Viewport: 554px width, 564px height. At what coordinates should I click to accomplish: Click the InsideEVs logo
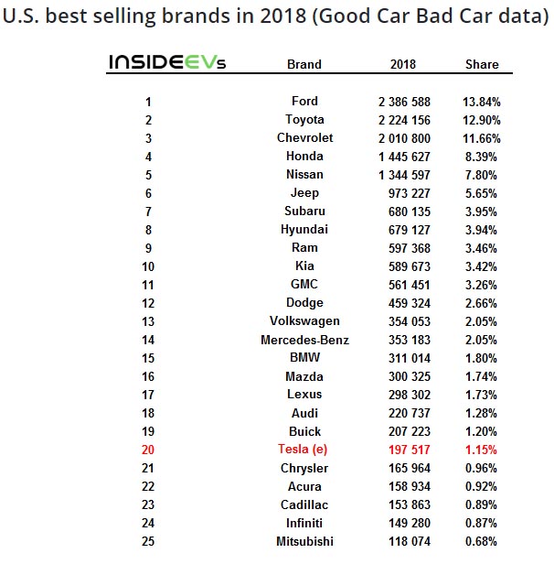tap(167, 62)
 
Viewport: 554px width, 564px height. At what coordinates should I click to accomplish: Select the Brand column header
tap(304, 64)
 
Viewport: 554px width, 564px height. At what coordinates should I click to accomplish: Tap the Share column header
tap(482, 64)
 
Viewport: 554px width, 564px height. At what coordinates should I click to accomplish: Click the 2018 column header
tap(402, 64)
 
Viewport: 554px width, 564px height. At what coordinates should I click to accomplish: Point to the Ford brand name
tap(304, 101)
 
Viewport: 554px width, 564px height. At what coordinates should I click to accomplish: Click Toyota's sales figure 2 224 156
tap(403, 119)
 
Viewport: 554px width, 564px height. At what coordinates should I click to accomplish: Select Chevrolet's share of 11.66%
tap(482, 137)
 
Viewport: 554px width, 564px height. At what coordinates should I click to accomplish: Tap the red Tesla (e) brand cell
tap(304, 450)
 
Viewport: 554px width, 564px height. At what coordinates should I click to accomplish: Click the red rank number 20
tap(148, 450)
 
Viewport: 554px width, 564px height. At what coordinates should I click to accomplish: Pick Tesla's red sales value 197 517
tap(403, 450)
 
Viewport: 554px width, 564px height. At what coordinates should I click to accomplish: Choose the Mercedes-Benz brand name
tap(304, 340)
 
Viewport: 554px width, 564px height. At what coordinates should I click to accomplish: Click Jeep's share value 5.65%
tap(482, 192)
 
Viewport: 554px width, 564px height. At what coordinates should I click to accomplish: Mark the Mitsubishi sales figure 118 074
tap(403, 541)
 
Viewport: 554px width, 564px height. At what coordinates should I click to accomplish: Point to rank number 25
tap(148, 541)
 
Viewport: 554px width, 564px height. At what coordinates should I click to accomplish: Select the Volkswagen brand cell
tap(304, 321)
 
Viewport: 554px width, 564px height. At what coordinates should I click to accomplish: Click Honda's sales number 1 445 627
tap(403, 156)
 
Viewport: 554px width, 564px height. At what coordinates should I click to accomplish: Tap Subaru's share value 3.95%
tap(482, 211)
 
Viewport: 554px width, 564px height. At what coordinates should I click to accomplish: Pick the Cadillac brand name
tap(304, 504)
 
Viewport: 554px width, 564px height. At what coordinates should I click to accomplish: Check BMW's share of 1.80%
tap(482, 358)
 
